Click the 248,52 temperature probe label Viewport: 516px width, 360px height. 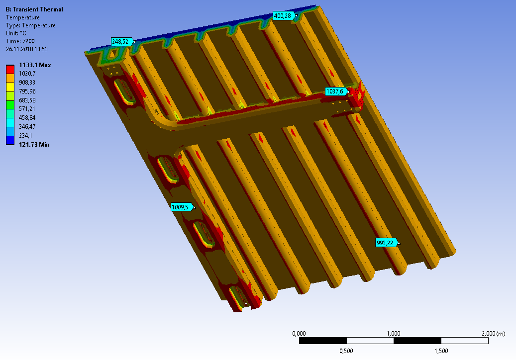click(122, 42)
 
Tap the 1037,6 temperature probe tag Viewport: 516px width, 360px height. click(336, 91)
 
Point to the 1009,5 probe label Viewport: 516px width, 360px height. click(182, 207)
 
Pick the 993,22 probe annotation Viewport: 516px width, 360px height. click(386, 243)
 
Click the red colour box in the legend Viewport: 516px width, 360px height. click(10, 70)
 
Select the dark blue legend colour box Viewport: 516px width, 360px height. click(10, 140)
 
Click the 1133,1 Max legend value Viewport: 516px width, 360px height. click(35, 65)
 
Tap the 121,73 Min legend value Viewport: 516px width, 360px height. click(34, 145)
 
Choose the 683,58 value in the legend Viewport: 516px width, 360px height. click(27, 100)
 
